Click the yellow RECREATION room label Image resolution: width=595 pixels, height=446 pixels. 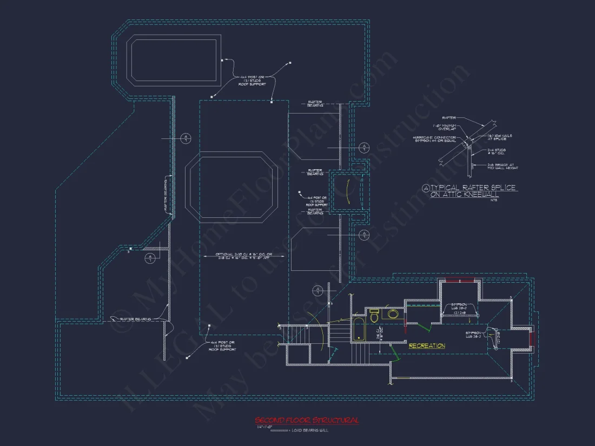click(x=427, y=346)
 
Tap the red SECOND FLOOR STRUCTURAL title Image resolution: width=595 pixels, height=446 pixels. click(x=307, y=420)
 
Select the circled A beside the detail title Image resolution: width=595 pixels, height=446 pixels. click(x=426, y=188)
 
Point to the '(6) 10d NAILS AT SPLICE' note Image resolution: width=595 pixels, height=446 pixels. click(x=500, y=137)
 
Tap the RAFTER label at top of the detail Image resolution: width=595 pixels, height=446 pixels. click(x=449, y=117)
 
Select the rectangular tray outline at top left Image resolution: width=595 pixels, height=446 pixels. click(x=174, y=59)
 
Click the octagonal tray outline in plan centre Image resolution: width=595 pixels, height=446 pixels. click(x=232, y=188)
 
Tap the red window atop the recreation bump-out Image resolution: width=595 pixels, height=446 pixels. click(x=460, y=280)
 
